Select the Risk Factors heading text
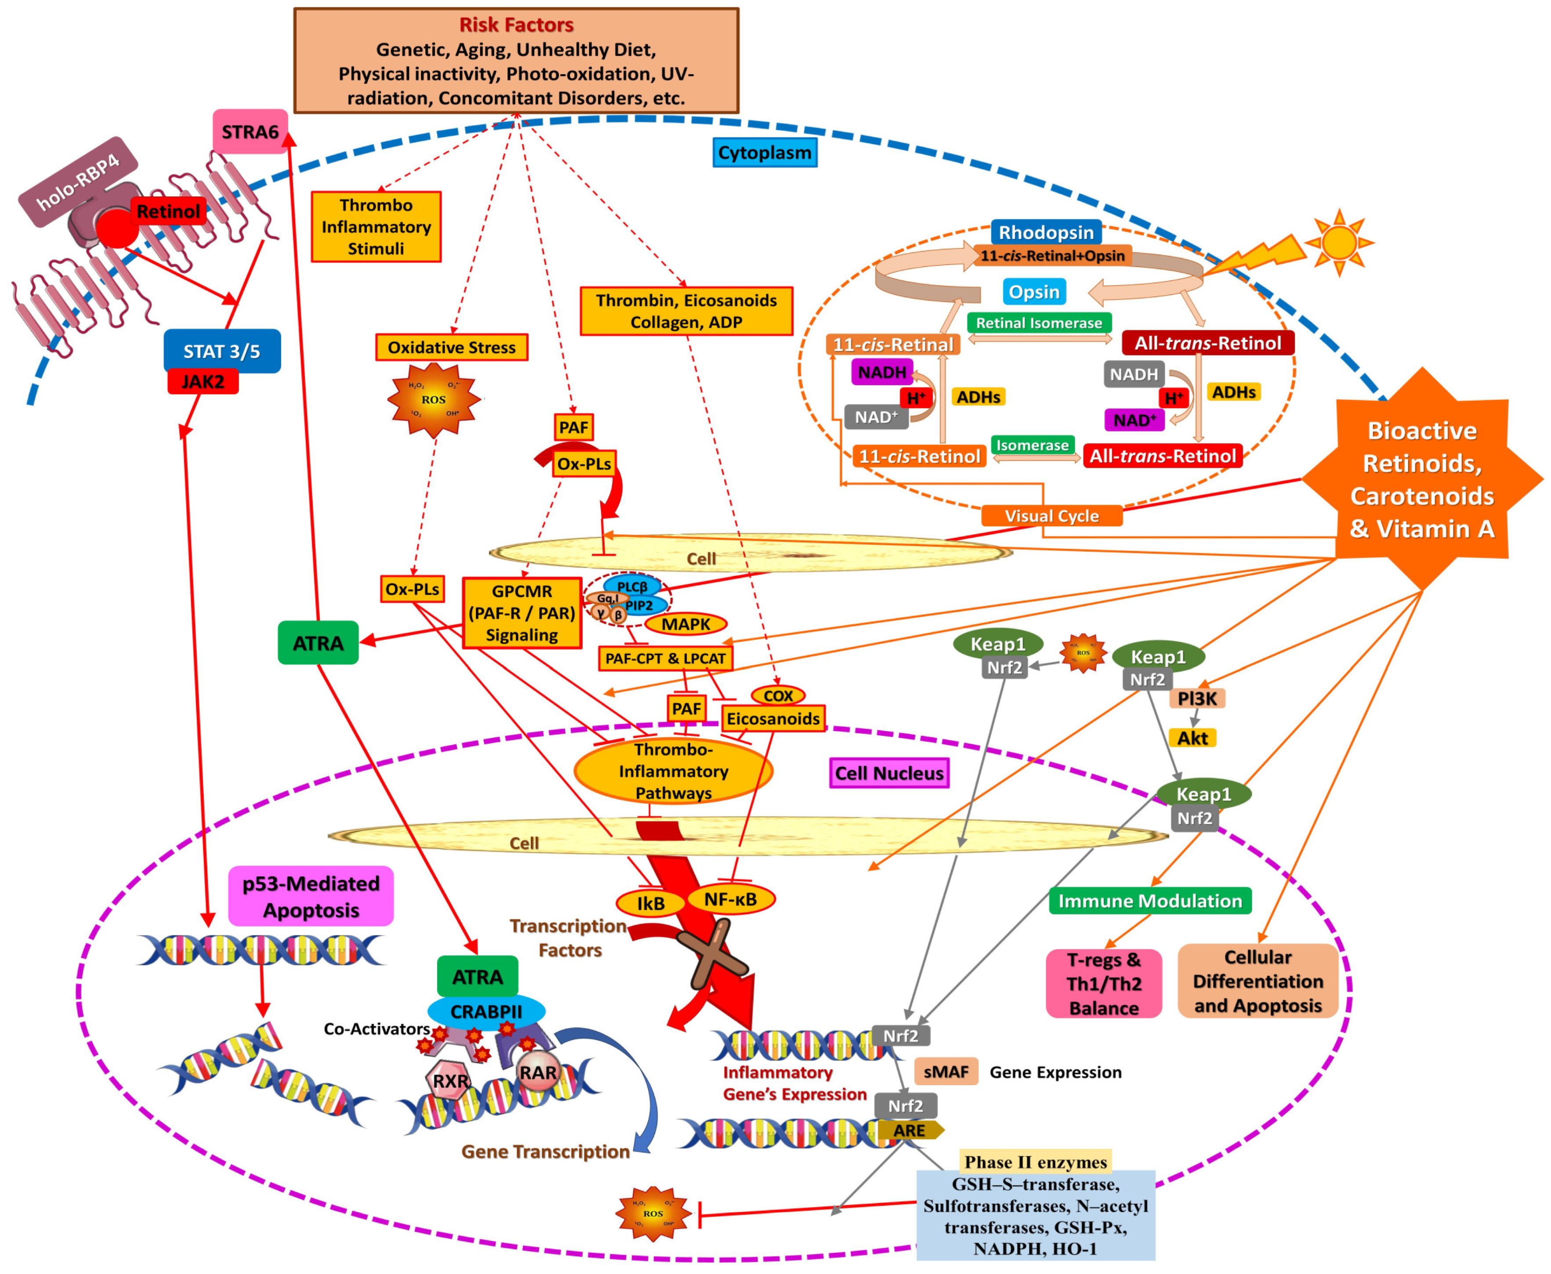[x=516, y=25]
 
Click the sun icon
[x=1338, y=242]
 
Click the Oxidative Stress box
[x=451, y=347]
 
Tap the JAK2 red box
[x=203, y=382]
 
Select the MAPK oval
[x=685, y=624]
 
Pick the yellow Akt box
[x=1192, y=738]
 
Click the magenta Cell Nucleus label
[x=889, y=773]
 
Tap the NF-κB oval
[x=730, y=899]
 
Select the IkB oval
[x=650, y=903]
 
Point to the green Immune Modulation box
[x=1149, y=901]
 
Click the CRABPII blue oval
[x=486, y=1011]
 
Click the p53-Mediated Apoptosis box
[x=311, y=896]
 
